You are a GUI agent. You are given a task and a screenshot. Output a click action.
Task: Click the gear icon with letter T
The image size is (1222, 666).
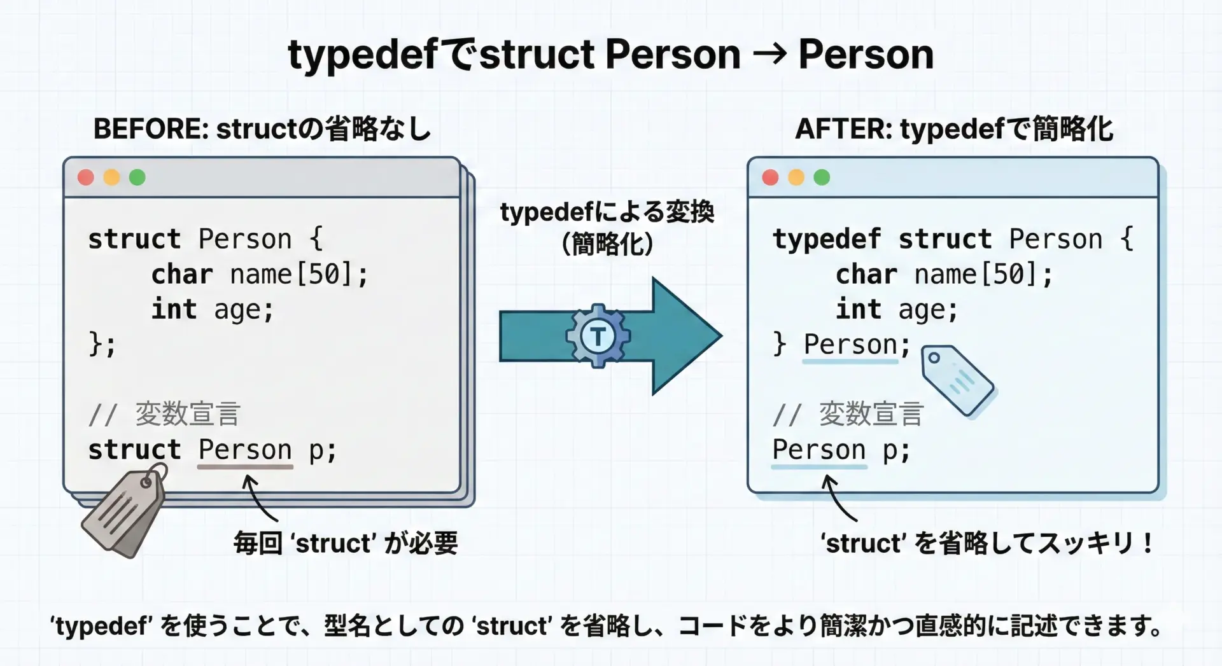[598, 335]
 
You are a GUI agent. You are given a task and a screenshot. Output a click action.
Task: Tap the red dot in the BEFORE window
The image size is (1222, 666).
[86, 177]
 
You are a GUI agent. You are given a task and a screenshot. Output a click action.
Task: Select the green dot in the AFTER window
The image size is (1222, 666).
[822, 177]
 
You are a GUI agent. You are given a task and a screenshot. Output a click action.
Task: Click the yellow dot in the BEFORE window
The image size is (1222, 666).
[111, 177]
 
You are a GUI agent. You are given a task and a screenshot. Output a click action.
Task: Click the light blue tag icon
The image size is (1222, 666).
[957, 380]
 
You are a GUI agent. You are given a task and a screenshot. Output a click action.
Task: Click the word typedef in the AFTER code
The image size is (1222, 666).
[827, 240]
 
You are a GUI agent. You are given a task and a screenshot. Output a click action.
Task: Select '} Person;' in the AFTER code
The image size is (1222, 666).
[841, 345]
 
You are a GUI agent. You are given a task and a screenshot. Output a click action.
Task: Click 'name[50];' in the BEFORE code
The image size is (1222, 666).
[298, 275]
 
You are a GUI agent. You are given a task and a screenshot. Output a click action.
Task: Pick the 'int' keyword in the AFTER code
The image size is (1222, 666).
[859, 309]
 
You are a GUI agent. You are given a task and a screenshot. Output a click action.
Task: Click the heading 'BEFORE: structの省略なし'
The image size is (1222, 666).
[262, 129]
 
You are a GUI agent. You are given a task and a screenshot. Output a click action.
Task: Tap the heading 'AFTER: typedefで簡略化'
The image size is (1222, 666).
[954, 129]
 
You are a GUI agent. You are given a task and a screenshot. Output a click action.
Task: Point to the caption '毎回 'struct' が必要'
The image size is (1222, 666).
[346, 543]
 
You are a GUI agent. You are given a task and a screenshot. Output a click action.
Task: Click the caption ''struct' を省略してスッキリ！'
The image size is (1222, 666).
[987, 543]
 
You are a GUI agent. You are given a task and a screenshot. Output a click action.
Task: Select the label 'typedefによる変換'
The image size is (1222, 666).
[607, 212]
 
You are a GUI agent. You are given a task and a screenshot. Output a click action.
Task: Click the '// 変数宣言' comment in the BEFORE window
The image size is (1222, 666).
[164, 414]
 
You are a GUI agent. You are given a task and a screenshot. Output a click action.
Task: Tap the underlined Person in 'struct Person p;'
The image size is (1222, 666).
[245, 450]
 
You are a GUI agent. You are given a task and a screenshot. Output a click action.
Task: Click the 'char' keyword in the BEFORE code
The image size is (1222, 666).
[182, 275]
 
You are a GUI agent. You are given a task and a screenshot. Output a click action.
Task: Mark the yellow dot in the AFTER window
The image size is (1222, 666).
[796, 177]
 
